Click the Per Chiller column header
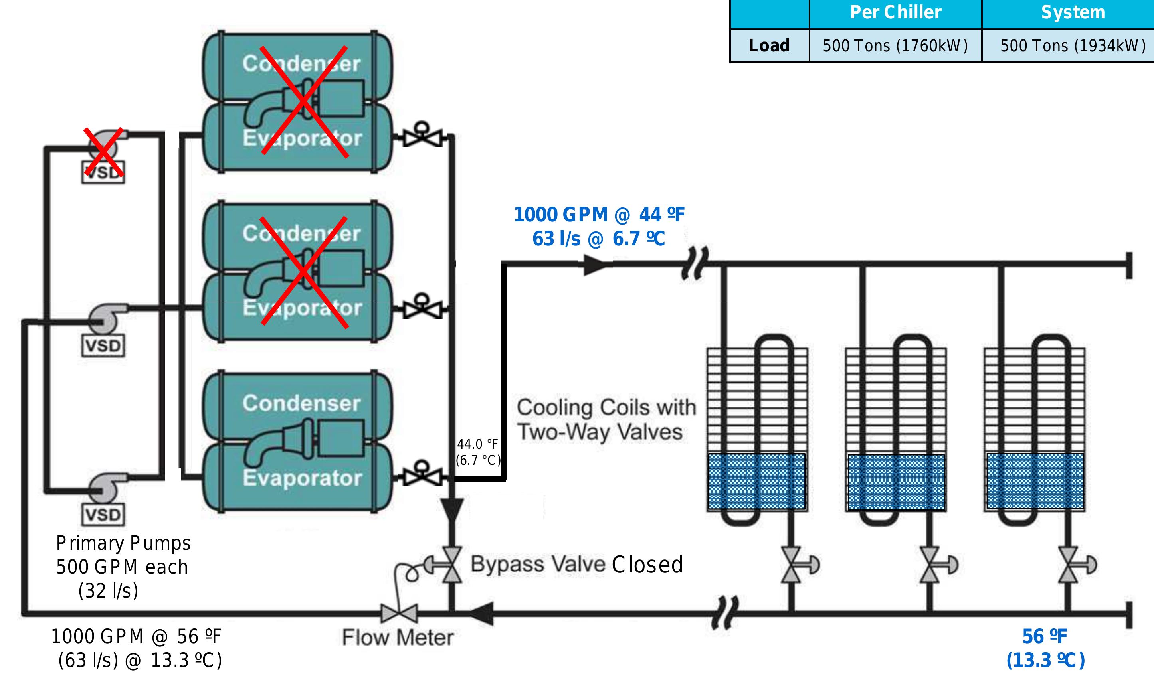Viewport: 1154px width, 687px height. pyautogui.click(x=895, y=12)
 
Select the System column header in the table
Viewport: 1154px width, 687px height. pyautogui.click(x=1073, y=12)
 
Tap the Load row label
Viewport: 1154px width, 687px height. pyautogui.click(x=769, y=45)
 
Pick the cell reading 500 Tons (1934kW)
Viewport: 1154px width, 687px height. pyautogui.click(x=1073, y=46)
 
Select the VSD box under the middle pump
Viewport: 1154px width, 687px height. pyautogui.click(x=103, y=346)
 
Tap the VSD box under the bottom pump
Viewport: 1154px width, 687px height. pyautogui.click(x=103, y=515)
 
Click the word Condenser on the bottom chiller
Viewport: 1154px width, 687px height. pyautogui.click(x=301, y=403)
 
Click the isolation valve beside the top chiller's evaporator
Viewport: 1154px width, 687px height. pyautogui.click(x=422, y=136)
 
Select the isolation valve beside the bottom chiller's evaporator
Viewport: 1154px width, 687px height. pyautogui.click(x=422, y=474)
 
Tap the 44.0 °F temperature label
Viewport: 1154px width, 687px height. pyautogui.click(x=478, y=444)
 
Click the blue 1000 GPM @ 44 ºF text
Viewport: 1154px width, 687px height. pyautogui.click(x=599, y=215)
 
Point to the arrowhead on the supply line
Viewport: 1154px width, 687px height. pyautogui.click(x=596, y=265)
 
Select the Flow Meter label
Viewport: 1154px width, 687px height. pyautogui.click(x=397, y=638)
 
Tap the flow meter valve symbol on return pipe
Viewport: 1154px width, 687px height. pyautogui.click(x=399, y=614)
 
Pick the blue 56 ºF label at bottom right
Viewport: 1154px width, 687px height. pyautogui.click(x=1044, y=637)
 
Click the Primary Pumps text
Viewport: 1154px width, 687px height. pyautogui.click(x=123, y=543)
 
